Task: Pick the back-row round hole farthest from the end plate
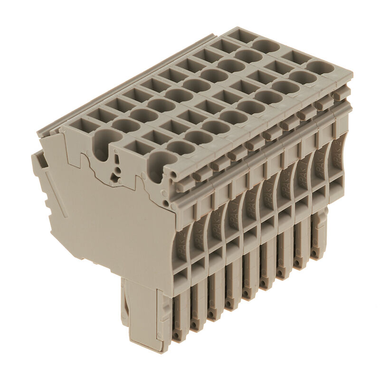pos(266,46)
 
